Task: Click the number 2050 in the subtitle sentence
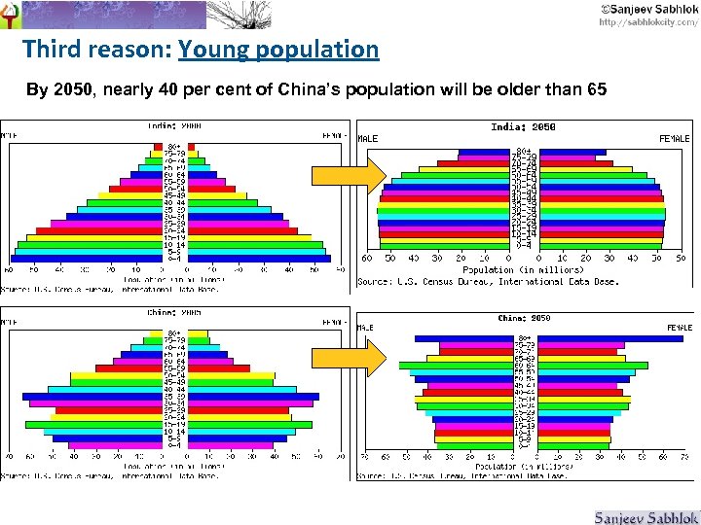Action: pos(73,90)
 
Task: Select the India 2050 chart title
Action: pos(524,127)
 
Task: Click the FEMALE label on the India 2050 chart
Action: pos(674,139)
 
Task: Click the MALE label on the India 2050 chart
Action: pos(368,139)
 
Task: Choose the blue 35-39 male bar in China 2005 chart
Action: pos(92,397)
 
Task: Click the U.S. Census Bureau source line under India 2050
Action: pos(489,282)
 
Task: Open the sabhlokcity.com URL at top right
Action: pos(647,21)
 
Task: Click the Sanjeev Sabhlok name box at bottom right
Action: pos(646,516)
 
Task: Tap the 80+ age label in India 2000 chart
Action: pos(174,147)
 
